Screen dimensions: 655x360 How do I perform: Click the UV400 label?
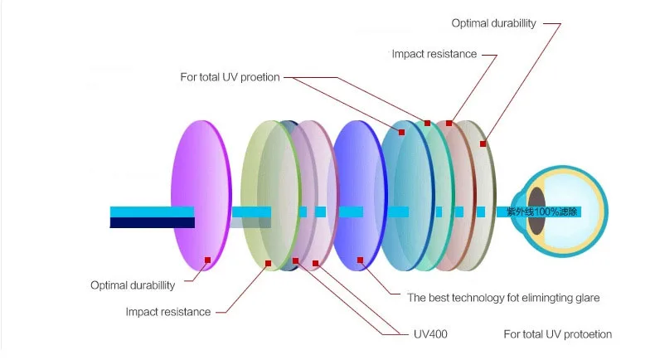click(x=430, y=334)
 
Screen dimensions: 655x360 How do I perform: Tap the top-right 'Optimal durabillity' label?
click(x=494, y=23)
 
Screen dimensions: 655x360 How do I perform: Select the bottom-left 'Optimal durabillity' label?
click(x=133, y=285)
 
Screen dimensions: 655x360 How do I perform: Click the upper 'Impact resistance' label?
click(x=434, y=54)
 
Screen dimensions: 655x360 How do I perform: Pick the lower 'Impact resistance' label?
click(x=168, y=312)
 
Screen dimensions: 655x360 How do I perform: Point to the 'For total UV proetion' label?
click(x=230, y=77)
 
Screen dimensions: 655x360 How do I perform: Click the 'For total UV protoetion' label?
click(x=558, y=334)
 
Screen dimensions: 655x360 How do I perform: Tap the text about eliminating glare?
click(x=503, y=298)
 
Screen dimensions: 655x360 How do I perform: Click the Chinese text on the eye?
click(x=541, y=212)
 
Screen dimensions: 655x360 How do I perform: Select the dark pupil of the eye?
click(x=536, y=211)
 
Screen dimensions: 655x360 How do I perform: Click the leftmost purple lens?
click(x=201, y=196)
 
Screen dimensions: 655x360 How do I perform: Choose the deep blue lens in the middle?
click(x=360, y=196)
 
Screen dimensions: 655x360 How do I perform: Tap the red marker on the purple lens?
click(x=207, y=260)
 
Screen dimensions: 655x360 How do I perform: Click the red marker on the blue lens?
click(x=360, y=260)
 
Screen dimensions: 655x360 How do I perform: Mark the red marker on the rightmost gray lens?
click(x=483, y=144)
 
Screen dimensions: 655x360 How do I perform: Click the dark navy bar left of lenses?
click(x=152, y=223)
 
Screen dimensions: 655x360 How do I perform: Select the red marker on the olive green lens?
click(x=268, y=264)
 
